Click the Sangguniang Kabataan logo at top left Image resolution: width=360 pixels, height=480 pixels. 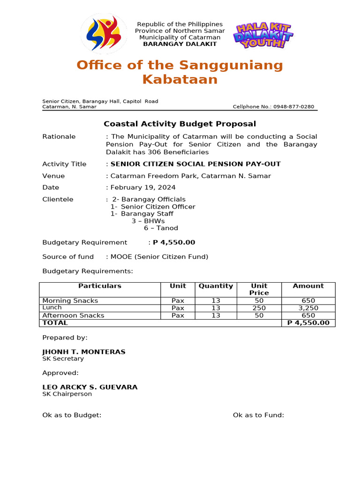point(104,34)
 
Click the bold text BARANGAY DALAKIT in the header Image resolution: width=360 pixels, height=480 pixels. point(180,44)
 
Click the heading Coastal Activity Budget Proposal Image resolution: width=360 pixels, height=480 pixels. point(180,124)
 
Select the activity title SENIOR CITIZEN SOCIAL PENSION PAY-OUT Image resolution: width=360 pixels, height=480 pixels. point(195,164)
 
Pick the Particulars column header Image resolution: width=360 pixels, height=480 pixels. point(99,286)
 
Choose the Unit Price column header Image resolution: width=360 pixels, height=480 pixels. point(259,289)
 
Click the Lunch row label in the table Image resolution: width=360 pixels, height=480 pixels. point(52,307)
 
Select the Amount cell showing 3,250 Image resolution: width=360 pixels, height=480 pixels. point(308,308)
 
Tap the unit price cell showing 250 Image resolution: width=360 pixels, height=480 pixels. point(259,308)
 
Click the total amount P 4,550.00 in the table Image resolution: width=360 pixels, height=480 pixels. point(308,323)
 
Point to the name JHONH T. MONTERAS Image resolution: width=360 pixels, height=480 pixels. point(84,352)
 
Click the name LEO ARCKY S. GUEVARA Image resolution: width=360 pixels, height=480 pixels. point(90,387)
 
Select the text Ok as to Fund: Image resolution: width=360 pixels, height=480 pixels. point(258,415)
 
